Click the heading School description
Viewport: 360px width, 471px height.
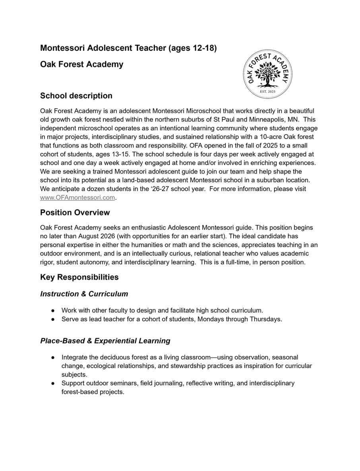click(76, 96)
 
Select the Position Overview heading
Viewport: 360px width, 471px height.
click(75, 212)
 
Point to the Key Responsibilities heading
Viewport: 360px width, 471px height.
click(79, 277)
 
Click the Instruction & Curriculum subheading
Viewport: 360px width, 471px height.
click(84, 294)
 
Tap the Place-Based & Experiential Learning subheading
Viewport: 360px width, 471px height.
click(105, 341)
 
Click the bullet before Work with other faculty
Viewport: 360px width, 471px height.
click(53, 311)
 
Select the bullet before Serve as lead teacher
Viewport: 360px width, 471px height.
click(53, 319)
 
